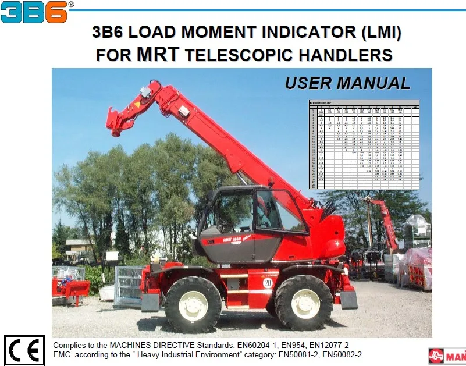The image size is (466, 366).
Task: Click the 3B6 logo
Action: tap(34, 12)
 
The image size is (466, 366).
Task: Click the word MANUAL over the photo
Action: tap(373, 83)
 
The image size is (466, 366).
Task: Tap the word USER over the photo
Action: tap(307, 83)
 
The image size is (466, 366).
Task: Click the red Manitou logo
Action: tap(447, 354)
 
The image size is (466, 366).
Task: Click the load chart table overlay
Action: tap(363, 144)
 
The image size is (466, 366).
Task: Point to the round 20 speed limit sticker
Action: tap(267, 283)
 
